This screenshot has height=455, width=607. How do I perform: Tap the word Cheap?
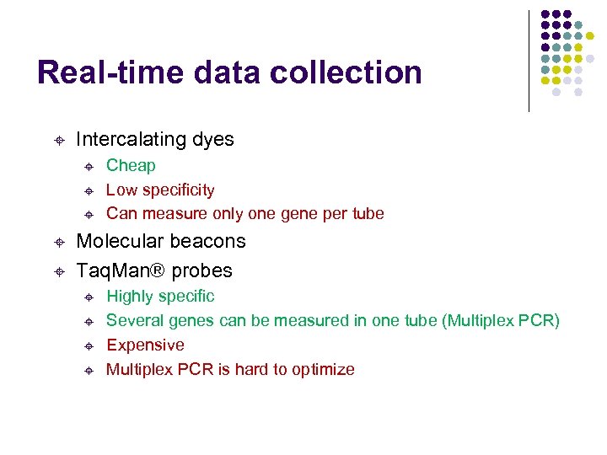pos(131,166)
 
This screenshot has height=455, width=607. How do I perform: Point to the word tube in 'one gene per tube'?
pos(367,214)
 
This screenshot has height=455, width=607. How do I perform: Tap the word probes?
pos(202,270)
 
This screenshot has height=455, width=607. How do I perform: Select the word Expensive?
pos(145,345)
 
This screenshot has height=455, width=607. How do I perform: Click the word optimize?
pos(323,370)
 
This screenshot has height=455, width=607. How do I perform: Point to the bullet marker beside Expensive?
pos(89,345)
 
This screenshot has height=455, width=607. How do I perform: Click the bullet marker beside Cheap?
pos(89,166)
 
